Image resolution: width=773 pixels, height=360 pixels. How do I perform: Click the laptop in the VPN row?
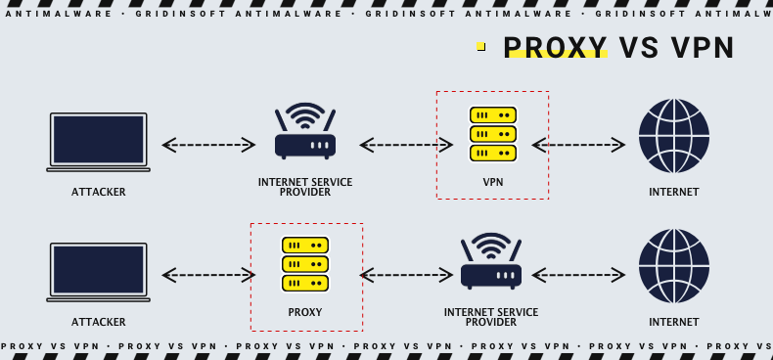tap(98, 142)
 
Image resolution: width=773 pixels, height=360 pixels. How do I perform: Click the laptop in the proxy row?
tap(98, 272)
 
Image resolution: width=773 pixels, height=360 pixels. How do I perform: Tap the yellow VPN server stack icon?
tap(492, 134)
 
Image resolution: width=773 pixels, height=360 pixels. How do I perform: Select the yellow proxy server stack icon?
tap(305, 264)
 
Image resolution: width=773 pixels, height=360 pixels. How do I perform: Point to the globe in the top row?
tap(673, 136)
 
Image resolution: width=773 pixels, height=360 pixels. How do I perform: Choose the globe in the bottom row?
tap(673, 266)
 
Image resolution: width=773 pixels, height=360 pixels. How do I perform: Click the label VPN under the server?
tap(492, 182)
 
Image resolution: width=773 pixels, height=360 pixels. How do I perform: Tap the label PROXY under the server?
tap(305, 313)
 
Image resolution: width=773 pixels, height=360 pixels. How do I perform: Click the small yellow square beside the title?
tap(480, 46)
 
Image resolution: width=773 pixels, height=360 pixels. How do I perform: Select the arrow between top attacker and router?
tap(208, 145)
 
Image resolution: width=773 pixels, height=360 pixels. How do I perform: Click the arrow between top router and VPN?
tap(406, 145)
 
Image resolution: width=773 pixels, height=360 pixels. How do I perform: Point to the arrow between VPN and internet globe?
tap(578, 145)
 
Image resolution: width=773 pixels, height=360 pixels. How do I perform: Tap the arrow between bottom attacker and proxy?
tap(208, 275)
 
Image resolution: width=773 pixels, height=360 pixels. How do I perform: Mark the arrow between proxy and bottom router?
tap(406, 275)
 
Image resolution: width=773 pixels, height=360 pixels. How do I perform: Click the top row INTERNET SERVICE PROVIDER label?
tap(305, 187)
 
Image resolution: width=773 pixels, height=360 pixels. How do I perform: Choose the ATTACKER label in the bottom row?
tap(98, 322)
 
